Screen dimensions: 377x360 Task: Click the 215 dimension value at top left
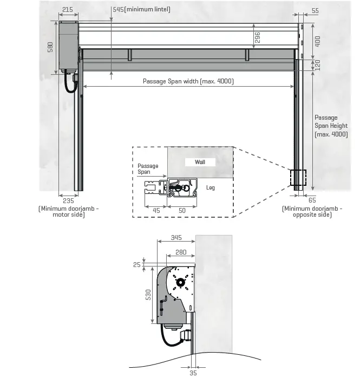68,9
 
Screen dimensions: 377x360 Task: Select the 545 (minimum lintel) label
141,9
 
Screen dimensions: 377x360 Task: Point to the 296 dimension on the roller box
258,37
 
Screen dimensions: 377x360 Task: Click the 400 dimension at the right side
318,41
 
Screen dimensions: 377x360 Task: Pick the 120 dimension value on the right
318,65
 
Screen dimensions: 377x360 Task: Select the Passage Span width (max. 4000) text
188,81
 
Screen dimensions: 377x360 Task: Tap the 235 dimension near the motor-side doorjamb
68,200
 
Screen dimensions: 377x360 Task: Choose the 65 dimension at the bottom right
312,200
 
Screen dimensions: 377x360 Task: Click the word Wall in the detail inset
200,162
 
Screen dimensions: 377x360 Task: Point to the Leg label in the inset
211,187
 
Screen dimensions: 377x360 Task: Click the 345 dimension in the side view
175,237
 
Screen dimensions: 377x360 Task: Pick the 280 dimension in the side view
180,252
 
